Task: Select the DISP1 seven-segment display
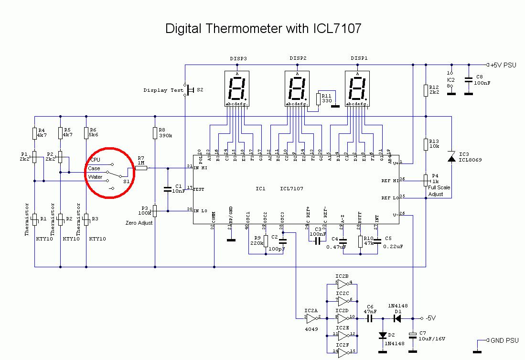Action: [x=357, y=89]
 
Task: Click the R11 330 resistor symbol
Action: [x=319, y=99]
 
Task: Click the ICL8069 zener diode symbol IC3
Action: [x=451, y=157]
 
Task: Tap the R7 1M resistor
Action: [x=141, y=168]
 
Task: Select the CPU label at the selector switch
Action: [x=95, y=160]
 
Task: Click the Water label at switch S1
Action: [x=95, y=177]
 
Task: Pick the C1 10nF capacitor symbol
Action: [x=167, y=189]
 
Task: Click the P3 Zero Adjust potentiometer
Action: [x=156, y=210]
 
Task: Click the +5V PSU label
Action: [x=504, y=65]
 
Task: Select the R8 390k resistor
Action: [x=156, y=132]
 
